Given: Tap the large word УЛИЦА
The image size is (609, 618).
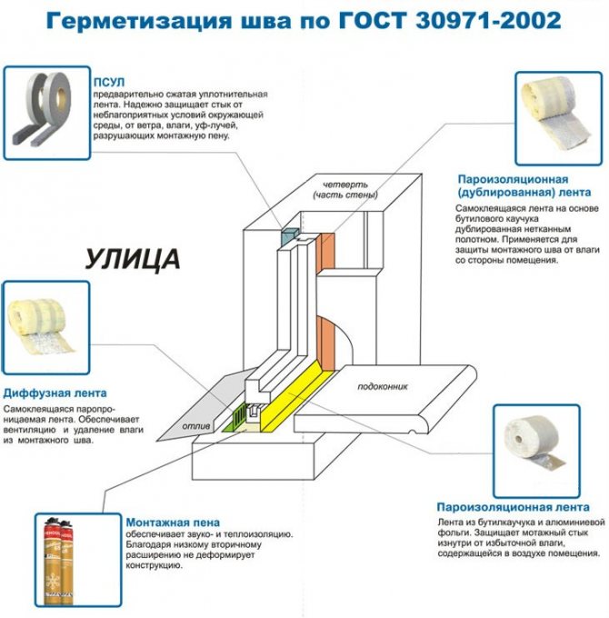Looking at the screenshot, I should (x=132, y=258).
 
